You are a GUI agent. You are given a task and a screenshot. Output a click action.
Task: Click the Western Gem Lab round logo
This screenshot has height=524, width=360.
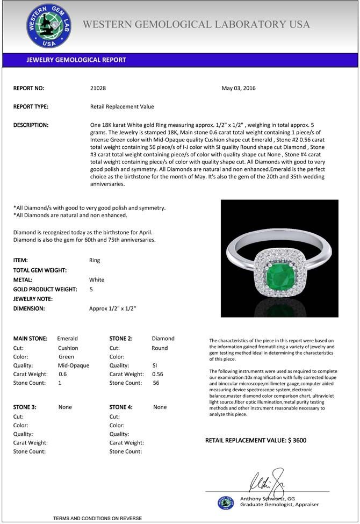pyautogui.click(x=49, y=26)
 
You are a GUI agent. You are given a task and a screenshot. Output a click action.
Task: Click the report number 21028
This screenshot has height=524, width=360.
pyautogui.click(x=98, y=88)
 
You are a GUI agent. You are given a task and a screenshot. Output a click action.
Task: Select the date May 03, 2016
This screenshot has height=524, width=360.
pyautogui.click(x=239, y=88)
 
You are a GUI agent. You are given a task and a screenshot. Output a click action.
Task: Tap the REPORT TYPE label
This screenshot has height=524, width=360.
pyautogui.click(x=31, y=106)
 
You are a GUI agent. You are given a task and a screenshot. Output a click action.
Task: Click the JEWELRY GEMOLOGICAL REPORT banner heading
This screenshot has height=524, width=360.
pyautogui.click(x=76, y=60)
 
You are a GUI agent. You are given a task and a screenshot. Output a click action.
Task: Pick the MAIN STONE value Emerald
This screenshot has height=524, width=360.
pyautogui.click(x=67, y=339)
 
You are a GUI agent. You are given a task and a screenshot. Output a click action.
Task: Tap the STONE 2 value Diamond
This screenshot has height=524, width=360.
pyautogui.click(x=163, y=339)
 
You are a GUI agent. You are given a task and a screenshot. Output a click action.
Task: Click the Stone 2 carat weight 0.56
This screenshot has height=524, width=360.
pyautogui.click(x=157, y=374)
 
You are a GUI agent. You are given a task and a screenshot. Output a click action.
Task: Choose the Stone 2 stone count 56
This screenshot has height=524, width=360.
pyautogui.click(x=156, y=383)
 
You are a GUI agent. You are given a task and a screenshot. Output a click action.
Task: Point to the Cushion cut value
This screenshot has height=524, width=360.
pyautogui.click(x=68, y=348)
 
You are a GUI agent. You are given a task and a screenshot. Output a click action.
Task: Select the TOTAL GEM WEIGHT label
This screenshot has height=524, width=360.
pyautogui.click(x=40, y=270)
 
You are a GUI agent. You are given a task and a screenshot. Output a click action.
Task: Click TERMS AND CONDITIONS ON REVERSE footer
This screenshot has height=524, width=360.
pyautogui.click(x=97, y=518)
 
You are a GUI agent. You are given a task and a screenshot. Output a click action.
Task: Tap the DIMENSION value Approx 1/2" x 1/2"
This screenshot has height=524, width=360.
pyautogui.click(x=112, y=308)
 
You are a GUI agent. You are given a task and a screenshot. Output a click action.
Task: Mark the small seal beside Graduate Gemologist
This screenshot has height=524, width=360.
pyautogui.click(x=226, y=503)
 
